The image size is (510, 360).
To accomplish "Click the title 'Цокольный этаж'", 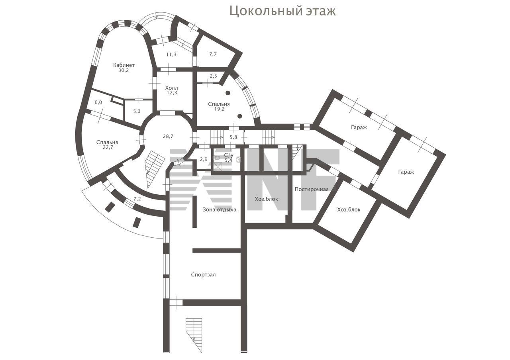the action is click(282, 11).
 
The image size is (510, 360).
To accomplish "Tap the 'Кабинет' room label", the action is click(124, 65).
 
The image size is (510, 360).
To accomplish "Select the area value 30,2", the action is click(124, 70).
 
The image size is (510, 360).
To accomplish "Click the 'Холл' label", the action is click(171, 88).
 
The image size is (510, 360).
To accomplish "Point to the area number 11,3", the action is click(171, 55).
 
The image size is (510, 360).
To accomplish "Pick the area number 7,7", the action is click(213, 55).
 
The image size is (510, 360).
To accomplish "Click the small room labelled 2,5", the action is click(213, 76).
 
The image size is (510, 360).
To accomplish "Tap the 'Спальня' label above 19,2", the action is click(219, 104).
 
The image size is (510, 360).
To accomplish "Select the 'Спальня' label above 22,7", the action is click(107, 143).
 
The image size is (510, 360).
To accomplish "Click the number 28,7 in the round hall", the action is click(168, 136).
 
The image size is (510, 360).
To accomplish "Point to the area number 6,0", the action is click(98, 102).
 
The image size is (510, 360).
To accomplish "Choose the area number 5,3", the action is click(137, 111).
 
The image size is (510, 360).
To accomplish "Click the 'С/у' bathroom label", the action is click(229, 155).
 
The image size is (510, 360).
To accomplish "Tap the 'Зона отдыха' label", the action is click(220, 209).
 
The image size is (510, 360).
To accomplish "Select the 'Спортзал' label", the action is click(203, 275).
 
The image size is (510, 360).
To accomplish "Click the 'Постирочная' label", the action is click(312, 189).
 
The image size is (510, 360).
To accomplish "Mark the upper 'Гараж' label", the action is click(359, 127).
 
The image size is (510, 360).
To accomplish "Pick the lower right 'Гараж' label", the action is click(406, 172).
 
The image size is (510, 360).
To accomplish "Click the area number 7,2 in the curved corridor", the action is click(137, 199).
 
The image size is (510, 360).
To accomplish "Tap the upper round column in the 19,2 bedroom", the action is click(228, 93).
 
